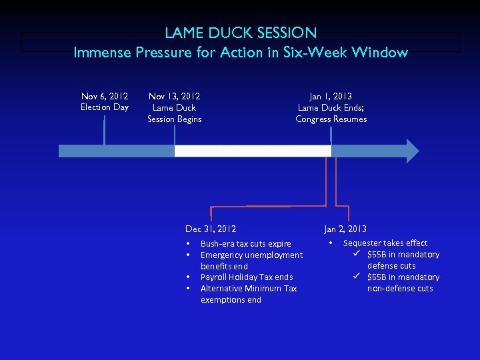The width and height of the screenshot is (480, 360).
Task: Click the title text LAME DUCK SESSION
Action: coord(241,32)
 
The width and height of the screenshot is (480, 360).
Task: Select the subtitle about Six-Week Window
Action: coord(241,52)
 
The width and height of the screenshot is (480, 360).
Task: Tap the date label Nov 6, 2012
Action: coord(104,97)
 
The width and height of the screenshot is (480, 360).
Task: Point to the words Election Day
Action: coord(104,107)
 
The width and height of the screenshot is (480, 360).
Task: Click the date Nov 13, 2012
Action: coord(174,97)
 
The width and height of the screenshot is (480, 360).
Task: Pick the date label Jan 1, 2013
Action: coord(331,97)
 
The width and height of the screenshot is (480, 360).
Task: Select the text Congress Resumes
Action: coord(331,119)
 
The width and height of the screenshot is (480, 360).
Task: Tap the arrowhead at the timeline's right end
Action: coord(412,151)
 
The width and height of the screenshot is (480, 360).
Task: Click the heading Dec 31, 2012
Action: coord(211,229)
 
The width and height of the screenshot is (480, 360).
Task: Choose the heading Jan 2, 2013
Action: coord(345,229)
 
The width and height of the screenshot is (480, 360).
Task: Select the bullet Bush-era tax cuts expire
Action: coord(245,244)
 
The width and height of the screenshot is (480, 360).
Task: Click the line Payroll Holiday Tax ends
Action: coord(247,277)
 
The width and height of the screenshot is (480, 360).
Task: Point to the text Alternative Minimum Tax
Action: coord(249,289)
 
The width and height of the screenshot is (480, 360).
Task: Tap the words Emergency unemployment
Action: coord(251,255)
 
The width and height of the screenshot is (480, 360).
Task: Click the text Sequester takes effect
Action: coord(385,243)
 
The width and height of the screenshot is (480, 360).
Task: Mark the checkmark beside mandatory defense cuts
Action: coord(357,255)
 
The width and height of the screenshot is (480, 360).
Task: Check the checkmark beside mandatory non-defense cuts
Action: coord(357,277)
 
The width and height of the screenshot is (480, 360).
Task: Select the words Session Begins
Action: coord(174,119)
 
